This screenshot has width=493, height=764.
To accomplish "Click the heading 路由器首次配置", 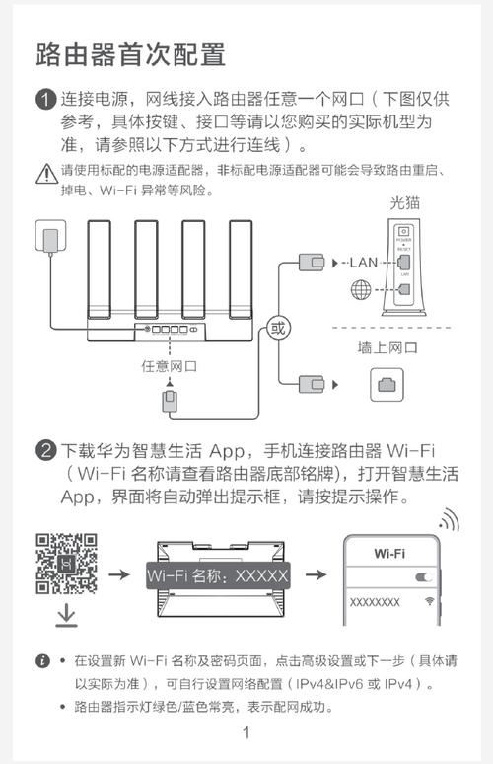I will pyautogui.click(x=130, y=53).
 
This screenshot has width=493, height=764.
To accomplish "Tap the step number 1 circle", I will pyautogui.click(x=45, y=100).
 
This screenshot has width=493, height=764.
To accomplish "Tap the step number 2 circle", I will pyautogui.click(x=45, y=452).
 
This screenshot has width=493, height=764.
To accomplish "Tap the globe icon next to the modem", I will pyautogui.click(x=362, y=291).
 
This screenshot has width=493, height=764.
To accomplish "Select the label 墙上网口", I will pyautogui.click(x=387, y=347).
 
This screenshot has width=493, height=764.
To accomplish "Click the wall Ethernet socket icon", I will pyautogui.click(x=387, y=384).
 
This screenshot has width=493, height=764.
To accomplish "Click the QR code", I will pyautogui.click(x=66, y=564).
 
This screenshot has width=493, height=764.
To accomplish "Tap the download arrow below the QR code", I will pyautogui.click(x=66, y=614).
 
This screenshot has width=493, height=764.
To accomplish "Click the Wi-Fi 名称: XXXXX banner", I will pyautogui.click(x=217, y=574).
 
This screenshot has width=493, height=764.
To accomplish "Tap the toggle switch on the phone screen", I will pyautogui.click(x=425, y=576).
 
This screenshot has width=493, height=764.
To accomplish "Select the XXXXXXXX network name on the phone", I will pyautogui.click(x=375, y=601).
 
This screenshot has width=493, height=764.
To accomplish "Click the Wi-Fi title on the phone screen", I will pyautogui.click(x=389, y=553).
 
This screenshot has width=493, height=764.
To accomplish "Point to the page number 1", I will pyautogui.click(x=246, y=733).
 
